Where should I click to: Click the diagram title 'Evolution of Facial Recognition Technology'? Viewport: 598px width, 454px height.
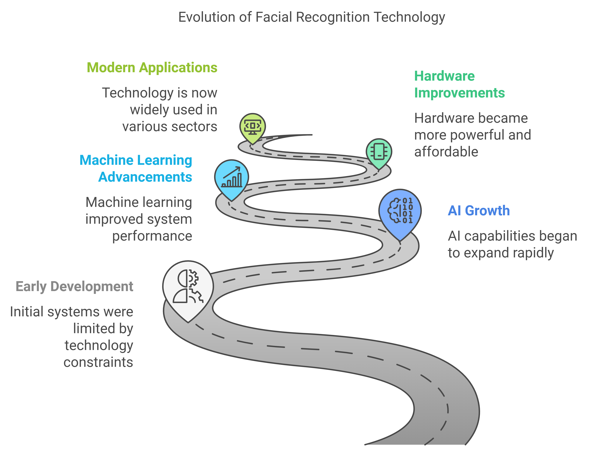click(311, 17)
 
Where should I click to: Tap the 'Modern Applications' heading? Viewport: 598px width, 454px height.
click(152, 68)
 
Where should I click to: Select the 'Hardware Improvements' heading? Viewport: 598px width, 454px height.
click(459, 84)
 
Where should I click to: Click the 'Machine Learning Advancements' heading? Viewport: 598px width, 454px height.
click(136, 168)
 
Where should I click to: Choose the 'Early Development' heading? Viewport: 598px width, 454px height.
click(74, 286)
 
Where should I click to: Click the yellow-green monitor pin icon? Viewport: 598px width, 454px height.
click(252, 127)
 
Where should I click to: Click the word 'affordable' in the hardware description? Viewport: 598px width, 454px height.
click(446, 152)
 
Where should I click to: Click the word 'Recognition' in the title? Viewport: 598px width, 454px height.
click(333, 17)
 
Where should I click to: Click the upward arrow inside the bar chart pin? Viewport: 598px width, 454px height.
click(232, 172)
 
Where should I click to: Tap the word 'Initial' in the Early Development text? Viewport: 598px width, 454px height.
click(27, 312)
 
